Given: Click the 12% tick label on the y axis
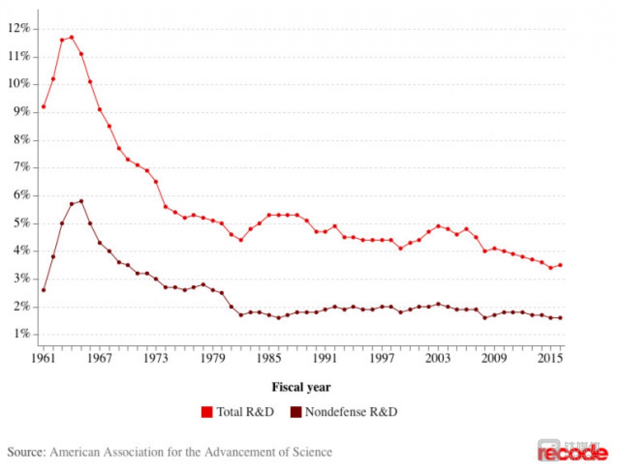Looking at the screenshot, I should pos(19,28).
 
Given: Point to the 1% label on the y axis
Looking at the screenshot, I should pos(22,333).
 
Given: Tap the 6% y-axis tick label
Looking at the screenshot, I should pos(22,195).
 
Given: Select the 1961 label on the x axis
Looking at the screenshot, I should pos(44,358).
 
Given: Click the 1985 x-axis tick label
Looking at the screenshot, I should pos(269,358).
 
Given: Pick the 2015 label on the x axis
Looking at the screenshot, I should pos(550,358).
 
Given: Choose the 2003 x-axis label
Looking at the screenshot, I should pos(438,358).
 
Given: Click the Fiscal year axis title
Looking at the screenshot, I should pos(301,387).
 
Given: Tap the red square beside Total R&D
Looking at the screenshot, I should pos(207,412).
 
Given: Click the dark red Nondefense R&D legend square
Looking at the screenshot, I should pos(296,412).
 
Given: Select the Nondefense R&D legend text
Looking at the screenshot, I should pos(351,412).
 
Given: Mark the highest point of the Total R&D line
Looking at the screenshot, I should pos(72,37).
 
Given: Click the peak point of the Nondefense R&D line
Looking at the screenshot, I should pos(81,201).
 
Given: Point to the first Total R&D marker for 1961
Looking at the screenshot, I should pos(44,106).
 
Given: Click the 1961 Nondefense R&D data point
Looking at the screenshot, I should pos(44,290).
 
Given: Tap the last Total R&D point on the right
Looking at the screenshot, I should pos(560,265).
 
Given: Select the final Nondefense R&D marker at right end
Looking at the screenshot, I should pos(560,318).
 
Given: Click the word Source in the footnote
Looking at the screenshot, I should pos(26,452).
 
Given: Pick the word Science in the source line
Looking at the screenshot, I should pos(312,452).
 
